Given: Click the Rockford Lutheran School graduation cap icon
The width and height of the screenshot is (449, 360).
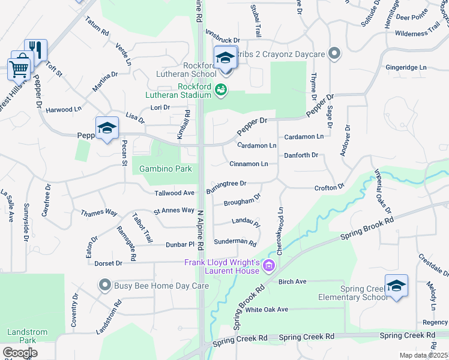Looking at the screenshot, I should (226, 58).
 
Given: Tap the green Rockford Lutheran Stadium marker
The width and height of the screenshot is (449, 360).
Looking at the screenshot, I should (221, 91).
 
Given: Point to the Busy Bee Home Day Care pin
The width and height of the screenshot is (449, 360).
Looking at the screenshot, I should (106, 285).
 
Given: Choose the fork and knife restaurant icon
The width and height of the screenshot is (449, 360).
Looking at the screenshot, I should (36, 50).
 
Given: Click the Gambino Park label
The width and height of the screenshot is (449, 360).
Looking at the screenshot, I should (166, 169).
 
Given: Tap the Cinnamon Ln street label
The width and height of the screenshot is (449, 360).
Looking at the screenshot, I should (249, 164).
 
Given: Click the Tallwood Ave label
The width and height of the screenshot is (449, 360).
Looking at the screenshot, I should (175, 193).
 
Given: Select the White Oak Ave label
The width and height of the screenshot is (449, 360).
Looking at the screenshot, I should (267, 310).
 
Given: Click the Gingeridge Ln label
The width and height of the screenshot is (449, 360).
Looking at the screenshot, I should (406, 68).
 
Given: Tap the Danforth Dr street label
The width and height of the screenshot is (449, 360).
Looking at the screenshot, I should (301, 155).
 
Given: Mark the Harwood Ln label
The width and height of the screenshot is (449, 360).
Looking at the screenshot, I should (64, 110).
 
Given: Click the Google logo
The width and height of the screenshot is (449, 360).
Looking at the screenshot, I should (20, 353).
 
